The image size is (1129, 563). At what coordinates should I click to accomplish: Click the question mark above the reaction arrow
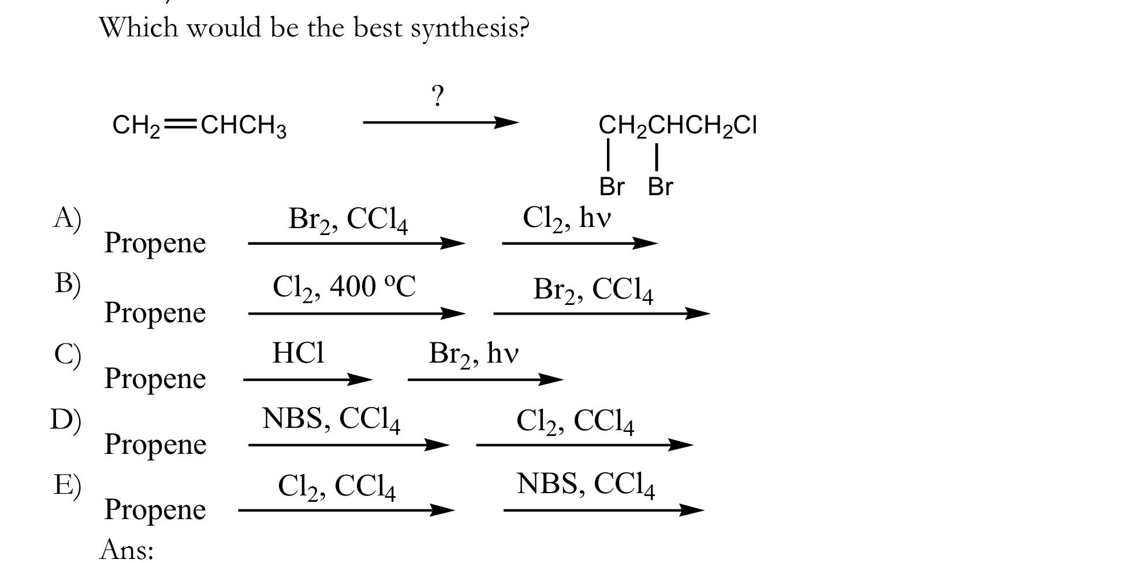point(438,96)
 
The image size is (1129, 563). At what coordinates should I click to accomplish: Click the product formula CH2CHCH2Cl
point(677,125)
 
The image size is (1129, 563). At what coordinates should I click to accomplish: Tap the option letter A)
point(67,218)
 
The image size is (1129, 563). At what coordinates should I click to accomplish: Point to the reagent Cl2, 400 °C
point(344,287)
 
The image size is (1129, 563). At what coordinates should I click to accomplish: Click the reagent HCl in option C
point(298,352)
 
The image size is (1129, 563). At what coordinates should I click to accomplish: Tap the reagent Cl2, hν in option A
point(567,219)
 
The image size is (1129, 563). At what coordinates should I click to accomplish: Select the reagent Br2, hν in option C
point(474,354)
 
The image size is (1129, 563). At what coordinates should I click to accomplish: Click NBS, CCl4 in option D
point(331,419)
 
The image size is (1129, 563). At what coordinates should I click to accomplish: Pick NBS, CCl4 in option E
point(586,484)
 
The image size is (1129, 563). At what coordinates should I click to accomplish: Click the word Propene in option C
point(155,378)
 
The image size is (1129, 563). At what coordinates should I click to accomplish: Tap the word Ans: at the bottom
point(126,549)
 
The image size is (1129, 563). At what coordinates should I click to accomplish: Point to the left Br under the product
point(612,187)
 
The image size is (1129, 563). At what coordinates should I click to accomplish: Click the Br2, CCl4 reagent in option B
point(593,290)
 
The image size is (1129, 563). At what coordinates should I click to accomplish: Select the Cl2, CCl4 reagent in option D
point(575,421)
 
